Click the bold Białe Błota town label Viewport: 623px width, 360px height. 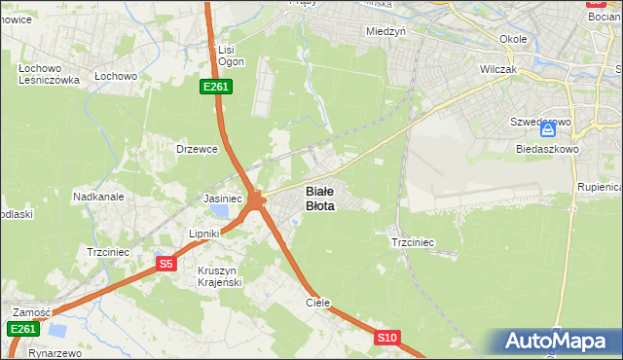pos(320,198)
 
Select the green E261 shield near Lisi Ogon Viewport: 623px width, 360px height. pos(215,88)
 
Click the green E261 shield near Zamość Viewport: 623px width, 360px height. pos(23,330)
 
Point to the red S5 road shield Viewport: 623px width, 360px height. pos(166,264)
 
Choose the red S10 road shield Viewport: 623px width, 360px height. pos(387,338)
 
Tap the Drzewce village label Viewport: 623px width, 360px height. pos(196,149)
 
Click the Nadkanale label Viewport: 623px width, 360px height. pos(98,196)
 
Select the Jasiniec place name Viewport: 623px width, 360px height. pos(222,198)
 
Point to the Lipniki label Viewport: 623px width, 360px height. pos(206,234)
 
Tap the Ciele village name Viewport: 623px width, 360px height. pos(318,303)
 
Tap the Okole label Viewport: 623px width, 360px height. pos(513,39)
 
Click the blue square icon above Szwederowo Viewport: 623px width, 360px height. pos(549,128)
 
